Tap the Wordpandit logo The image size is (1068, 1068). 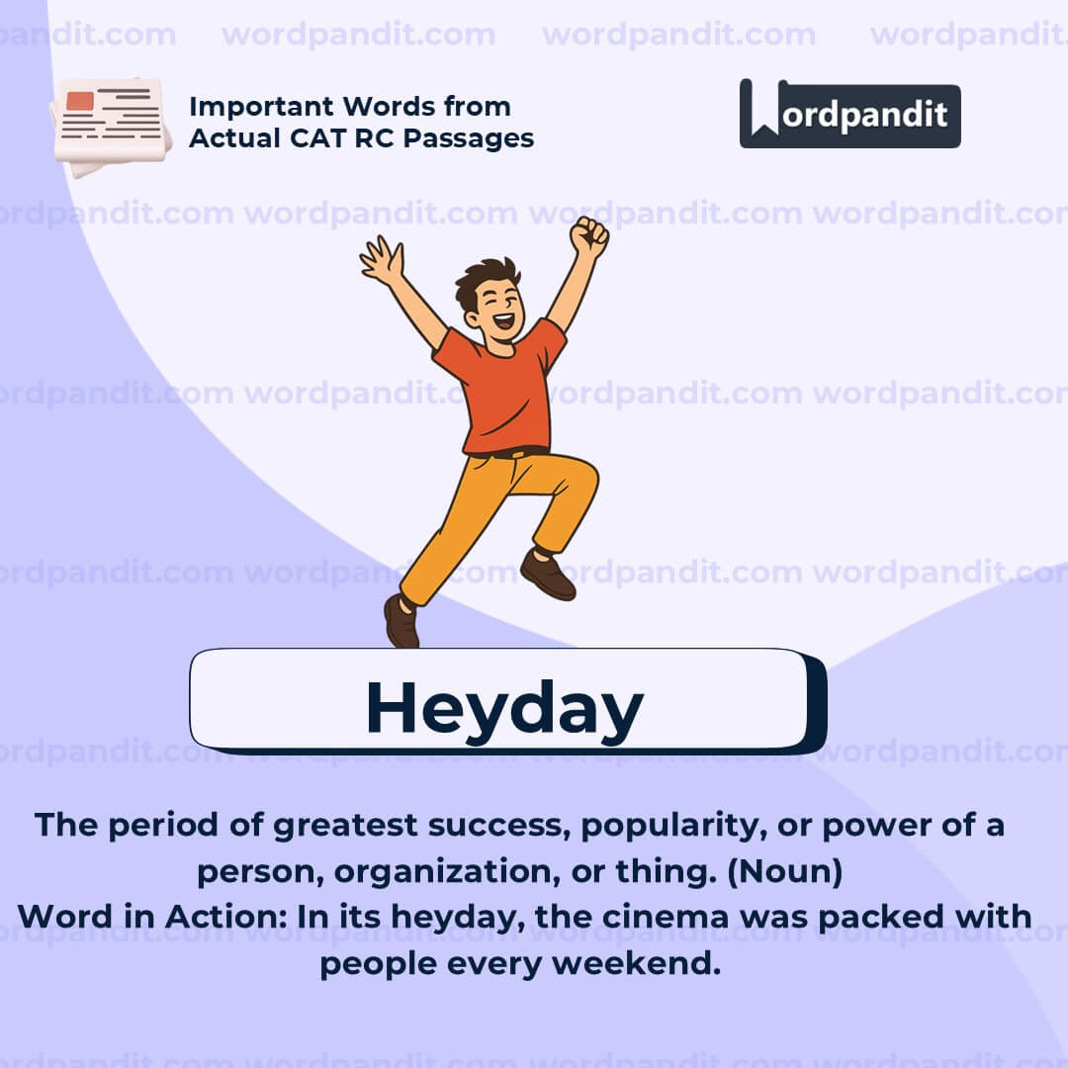[849, 114]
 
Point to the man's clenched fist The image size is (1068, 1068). [589, 237]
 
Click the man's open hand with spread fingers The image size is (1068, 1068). [381, 260]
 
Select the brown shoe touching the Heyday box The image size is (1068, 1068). [401, 620]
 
